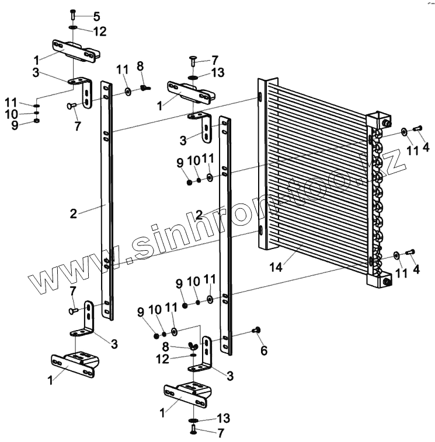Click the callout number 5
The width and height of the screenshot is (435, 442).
[x=96, y=17]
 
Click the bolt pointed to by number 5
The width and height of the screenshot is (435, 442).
[x=72, y=14]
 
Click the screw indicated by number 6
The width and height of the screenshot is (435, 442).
[x=255, y=331]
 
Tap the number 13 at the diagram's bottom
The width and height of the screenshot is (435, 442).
[x=224, y=418]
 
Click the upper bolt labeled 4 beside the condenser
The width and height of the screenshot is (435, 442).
[x=417, y=129]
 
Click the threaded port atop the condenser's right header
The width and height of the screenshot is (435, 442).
[x=386, y=122]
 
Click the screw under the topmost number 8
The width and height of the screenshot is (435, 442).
[x=145, y=88]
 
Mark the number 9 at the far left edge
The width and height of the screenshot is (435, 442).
[x=15, y=125]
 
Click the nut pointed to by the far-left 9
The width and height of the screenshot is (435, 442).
[x=37, y=121]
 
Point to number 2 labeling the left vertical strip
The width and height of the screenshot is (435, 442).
[x=73, y=213]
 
